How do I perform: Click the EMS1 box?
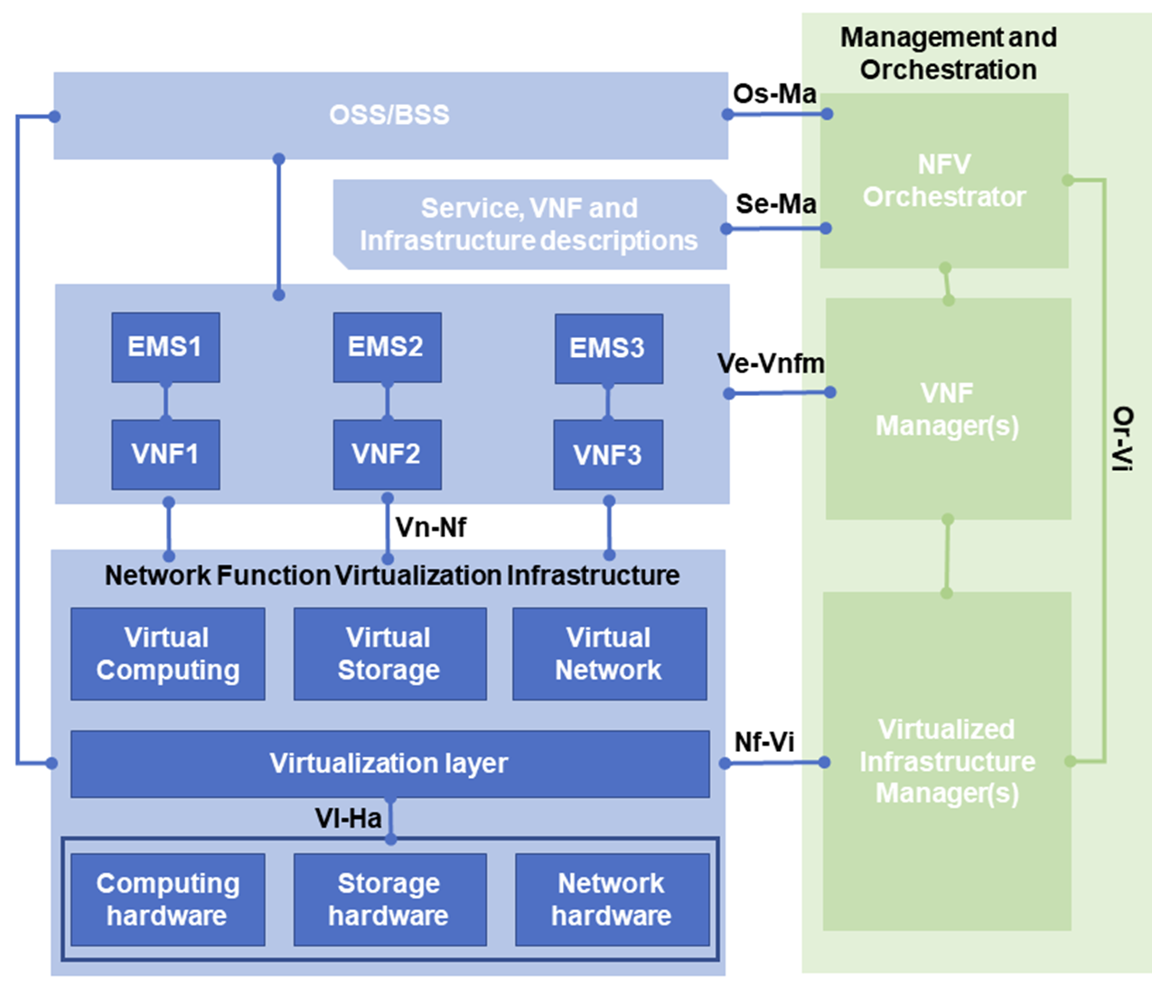pos(165,347)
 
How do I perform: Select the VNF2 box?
pos(387,454)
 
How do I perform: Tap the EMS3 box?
pos(608,348)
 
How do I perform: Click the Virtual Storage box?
pos(389,653)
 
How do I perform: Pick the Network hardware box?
pos(612,899)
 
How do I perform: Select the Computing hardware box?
pos(168,899)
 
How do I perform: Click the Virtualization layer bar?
pos(389,764)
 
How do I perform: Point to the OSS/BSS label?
pos(389,115)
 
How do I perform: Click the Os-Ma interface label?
pos(774,93)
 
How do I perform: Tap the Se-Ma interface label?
pos(776,204)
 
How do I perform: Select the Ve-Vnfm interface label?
pos(771,363)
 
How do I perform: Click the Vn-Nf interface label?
pos(431,527)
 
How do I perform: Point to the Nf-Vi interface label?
pos(764,742)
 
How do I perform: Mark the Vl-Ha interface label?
pos(348,819)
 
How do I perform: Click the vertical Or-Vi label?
pos(1121,439)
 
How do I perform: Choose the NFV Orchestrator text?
pos(944,181)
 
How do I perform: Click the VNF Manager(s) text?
pos(947,409)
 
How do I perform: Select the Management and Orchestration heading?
pos(948,53)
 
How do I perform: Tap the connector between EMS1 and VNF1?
pos(165,400)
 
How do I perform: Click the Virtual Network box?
pos(609,653)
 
